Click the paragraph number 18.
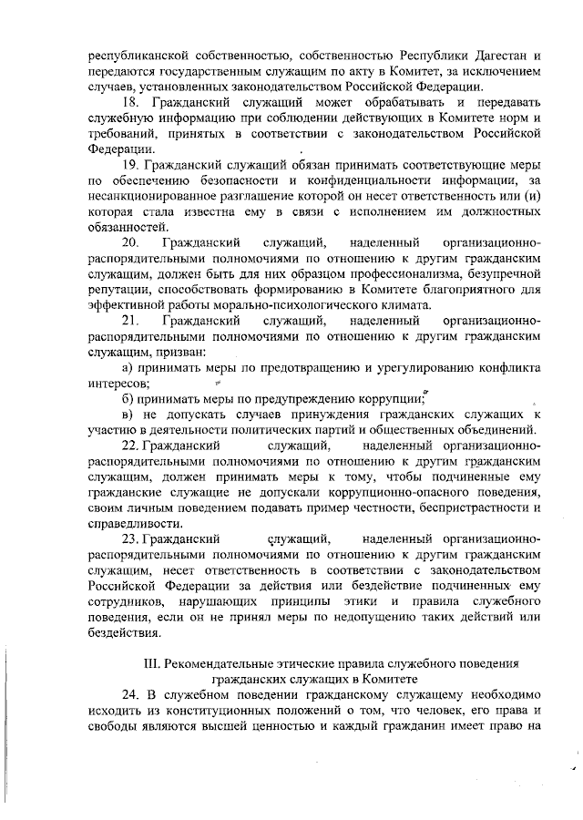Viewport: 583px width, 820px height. [130, 101]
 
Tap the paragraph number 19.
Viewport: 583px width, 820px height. [130, 166]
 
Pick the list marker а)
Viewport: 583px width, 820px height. [128, 368]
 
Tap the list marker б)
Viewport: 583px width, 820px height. [128, 399]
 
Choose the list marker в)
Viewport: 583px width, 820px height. [128, 415]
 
